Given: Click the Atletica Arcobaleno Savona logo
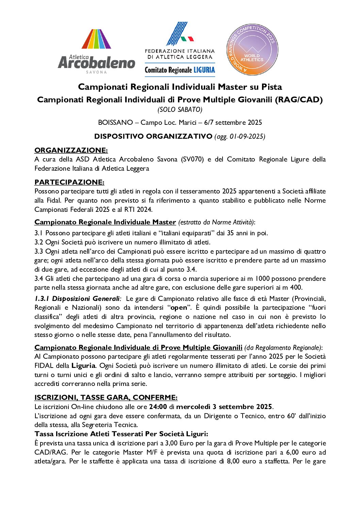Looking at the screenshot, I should (x=96, y=51).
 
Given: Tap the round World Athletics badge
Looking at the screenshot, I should (x=252, y=50).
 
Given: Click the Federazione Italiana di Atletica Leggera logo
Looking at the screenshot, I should (x=180, y=41).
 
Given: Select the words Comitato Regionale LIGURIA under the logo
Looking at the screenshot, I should (x=180, y=70).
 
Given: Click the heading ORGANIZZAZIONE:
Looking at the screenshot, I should (x=71, y=150).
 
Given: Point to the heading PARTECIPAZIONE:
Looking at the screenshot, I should (x=69, y=182).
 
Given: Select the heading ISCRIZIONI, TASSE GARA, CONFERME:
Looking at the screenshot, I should (x=106, y=397).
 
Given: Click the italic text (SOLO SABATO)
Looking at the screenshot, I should (x=180, y=109).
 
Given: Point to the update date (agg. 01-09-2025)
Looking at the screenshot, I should (x=240, y=136).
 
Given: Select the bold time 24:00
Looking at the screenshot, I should (x=158, y=407).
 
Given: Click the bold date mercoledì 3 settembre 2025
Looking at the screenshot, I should (x=224, y=407).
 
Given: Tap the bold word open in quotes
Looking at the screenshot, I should (x=179, y=308).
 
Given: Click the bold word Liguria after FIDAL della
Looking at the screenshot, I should (x=83, y=366).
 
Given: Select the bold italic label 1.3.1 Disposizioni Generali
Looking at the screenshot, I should (x=77, y=299).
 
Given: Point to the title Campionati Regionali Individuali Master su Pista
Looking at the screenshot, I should (x=180, y=87).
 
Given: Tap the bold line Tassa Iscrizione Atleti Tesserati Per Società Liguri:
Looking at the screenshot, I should (x=121, y=434).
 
